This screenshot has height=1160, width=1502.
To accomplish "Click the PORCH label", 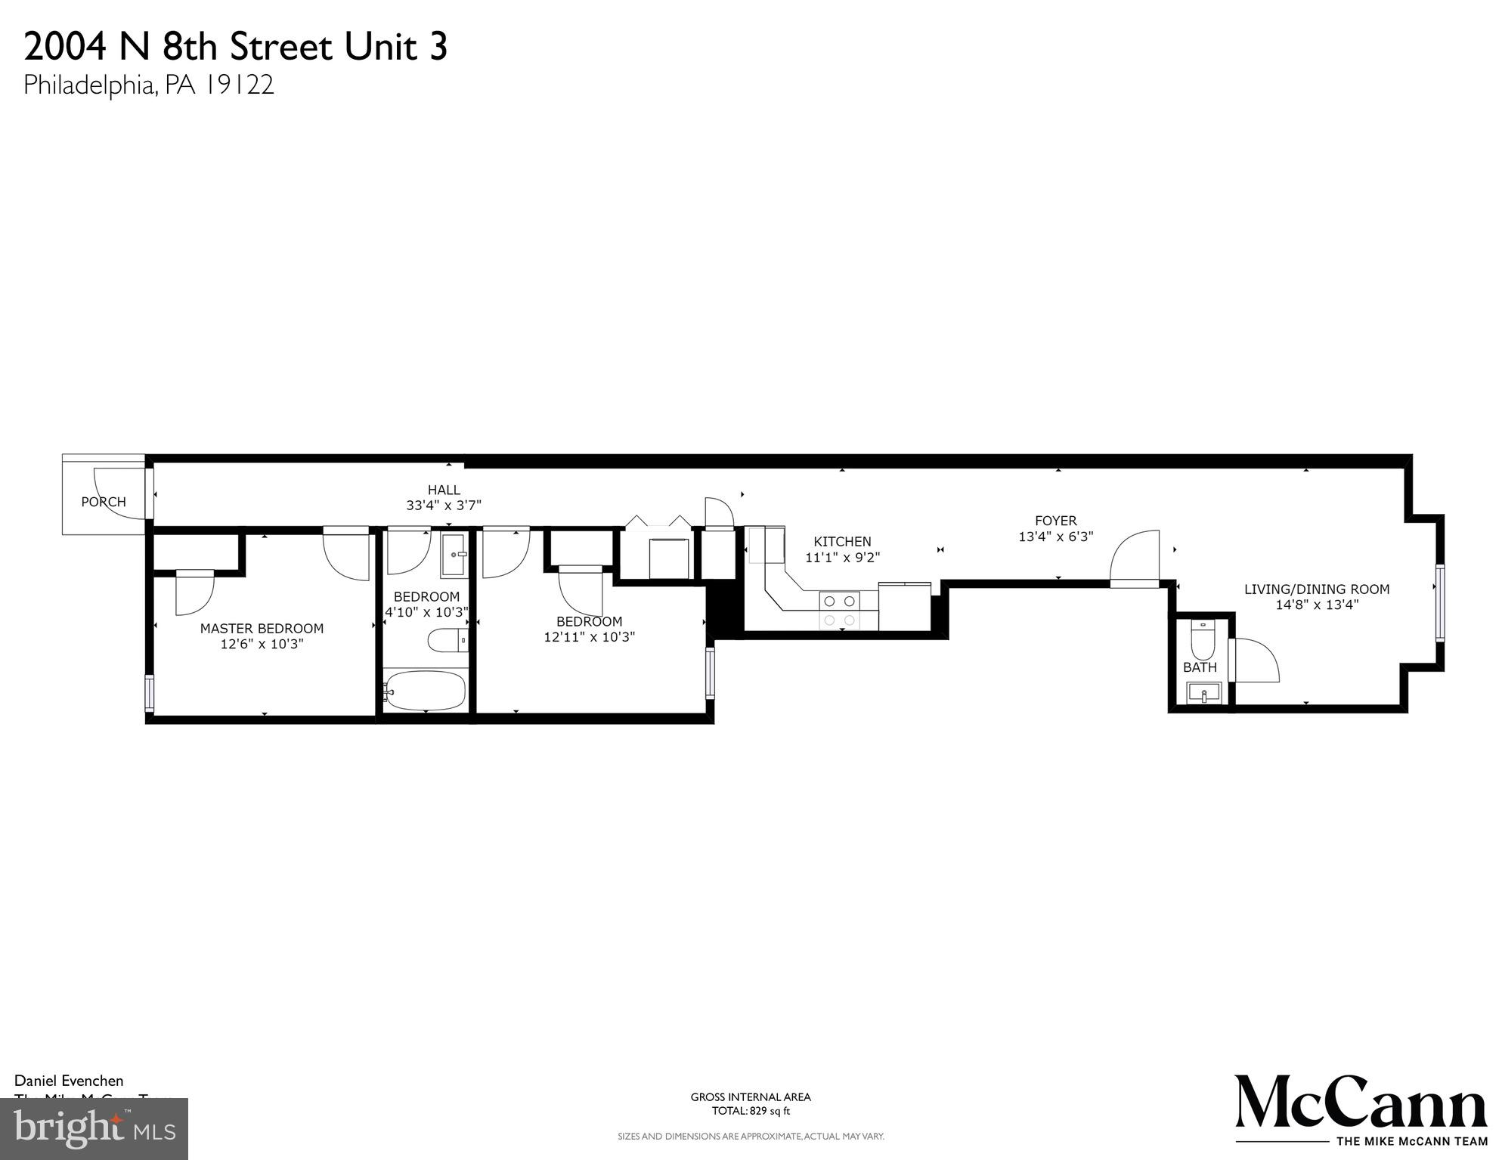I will point(104,502).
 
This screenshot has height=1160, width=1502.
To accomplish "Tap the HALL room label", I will point(444,490).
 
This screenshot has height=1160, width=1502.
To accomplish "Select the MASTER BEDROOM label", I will point(262,628).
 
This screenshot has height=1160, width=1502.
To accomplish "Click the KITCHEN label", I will point(842,541).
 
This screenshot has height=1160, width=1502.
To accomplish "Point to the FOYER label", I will point(1055,521).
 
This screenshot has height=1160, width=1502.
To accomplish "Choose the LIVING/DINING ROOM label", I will point(1317,589).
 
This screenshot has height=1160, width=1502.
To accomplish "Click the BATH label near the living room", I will point(1200,667).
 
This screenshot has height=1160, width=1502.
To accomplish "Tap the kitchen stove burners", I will point(840,611).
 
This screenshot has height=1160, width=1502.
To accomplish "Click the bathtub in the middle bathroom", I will point(425,690).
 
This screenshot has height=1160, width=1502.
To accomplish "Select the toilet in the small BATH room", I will point(1201,640).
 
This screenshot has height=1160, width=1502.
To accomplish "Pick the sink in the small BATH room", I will point(1203,692).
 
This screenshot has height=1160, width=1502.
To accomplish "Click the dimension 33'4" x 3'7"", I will point(444,506).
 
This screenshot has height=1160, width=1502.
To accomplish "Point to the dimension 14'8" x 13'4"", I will point(1317,605).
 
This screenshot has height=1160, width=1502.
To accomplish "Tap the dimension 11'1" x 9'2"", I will point(842,558).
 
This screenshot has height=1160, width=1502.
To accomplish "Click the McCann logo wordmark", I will point(1361,1106).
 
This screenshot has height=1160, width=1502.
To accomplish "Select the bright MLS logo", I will point(94,1129).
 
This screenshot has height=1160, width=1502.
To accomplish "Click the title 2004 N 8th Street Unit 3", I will point(236,47).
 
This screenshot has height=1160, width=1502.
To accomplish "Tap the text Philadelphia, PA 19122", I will point(149,85).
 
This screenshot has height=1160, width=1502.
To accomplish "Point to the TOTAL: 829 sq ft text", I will point(751,1111).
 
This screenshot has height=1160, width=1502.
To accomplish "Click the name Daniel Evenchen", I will point(69,1081).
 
